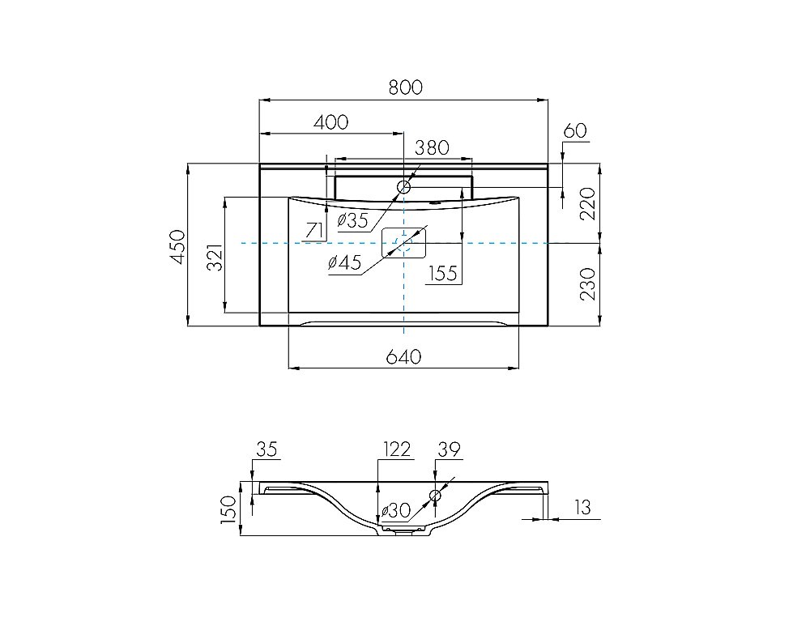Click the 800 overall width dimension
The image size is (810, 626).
point(406,87)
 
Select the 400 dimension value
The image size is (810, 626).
point(331,122)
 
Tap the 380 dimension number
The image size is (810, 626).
point(432,147)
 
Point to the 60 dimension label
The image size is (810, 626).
point(575,130)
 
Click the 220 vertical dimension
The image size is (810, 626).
point(588,203)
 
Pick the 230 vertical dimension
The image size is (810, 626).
point(588,283)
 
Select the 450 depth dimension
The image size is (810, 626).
point(177,247)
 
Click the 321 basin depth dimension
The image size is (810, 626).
point(215,257)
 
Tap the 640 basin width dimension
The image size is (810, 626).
point(404,356)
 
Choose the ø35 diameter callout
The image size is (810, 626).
point(352,220)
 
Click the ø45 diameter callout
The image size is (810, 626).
point(344,262)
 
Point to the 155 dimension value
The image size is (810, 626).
point(443,273)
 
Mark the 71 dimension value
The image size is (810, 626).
point(314,230)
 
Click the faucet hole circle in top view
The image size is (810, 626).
point(403,187)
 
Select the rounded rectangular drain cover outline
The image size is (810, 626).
point(404,243)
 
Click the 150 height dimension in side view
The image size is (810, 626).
point(228,509)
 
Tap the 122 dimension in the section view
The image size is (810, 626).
point(397,449)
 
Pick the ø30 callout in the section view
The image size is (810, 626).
point(396,511)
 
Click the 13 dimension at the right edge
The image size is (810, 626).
point(582,507)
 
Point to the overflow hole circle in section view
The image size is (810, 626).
point(435,496)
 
